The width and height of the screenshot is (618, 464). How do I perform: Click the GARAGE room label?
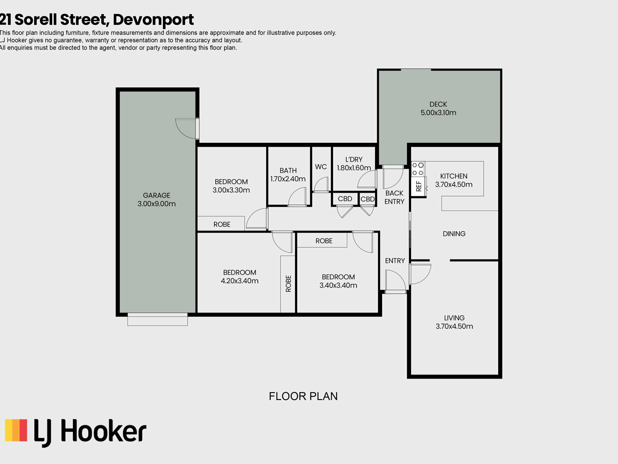156,195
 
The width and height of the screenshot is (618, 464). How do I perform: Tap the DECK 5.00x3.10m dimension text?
438,113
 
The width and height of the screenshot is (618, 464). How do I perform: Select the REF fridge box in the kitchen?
419,186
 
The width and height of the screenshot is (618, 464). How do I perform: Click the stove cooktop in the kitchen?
418,169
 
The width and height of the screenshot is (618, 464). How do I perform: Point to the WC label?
321,167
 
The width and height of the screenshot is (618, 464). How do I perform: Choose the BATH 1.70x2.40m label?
288,175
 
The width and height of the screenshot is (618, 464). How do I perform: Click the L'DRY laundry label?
354,159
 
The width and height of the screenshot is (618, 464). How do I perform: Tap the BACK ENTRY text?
394,197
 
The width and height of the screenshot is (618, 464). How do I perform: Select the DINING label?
454,234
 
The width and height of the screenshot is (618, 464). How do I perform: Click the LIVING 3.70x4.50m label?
454,322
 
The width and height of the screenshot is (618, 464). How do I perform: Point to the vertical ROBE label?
288,284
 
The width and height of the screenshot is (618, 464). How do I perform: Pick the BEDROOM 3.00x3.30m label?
231,186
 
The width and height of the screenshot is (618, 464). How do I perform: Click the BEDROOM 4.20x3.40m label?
239,276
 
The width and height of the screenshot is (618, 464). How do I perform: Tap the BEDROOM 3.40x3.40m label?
338,281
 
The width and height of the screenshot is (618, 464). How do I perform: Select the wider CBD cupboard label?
345,199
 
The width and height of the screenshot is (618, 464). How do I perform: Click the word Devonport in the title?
153,20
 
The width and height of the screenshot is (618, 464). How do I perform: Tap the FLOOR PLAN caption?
303,396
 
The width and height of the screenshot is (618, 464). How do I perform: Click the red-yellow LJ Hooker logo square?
16,430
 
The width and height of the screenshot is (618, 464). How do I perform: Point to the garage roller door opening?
157,319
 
